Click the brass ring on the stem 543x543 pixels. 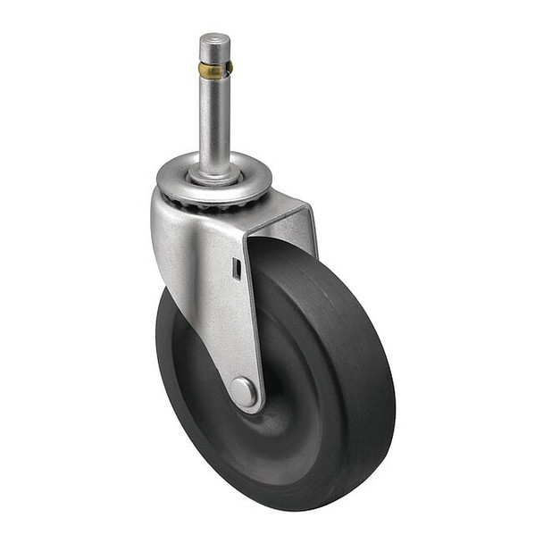[214, 69]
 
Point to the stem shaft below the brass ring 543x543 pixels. [214, 121]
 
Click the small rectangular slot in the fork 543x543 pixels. [237, 267]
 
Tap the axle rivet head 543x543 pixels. [243, 390]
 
